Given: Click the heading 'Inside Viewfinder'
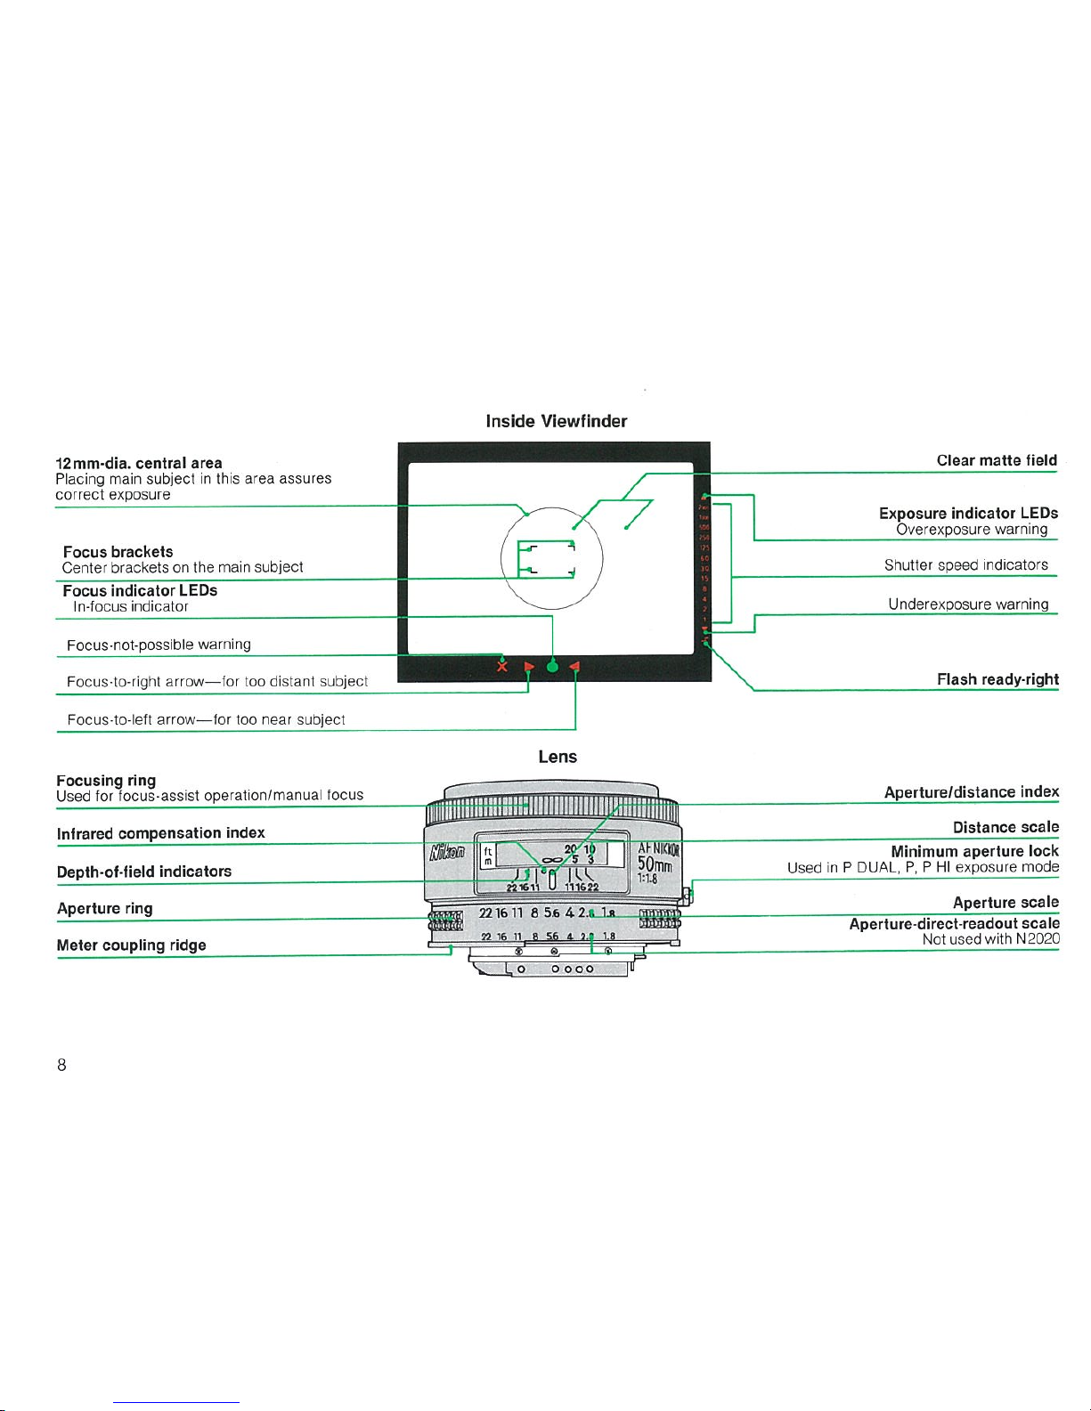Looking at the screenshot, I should point(556,421).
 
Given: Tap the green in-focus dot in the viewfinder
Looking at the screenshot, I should point(552,666).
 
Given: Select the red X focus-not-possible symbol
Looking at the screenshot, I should point(502,666).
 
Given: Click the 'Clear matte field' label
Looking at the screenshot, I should point(996,460).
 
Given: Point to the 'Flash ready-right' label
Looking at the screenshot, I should point(997,679).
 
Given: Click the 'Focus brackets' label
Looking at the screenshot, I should point(118,552).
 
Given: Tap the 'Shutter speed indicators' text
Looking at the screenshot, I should point(965,565).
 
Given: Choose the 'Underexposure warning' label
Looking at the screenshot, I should point(967,604).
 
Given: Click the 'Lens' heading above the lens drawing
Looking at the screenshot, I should point(558,757).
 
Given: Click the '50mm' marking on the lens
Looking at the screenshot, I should point(658,864).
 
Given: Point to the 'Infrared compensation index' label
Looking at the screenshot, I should point(160,833).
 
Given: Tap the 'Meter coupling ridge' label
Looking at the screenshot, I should point(131,945).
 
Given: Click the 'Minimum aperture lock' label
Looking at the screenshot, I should point(974,851).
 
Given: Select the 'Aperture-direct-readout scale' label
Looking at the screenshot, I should point(954,924).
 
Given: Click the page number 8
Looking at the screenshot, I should point(61,1065).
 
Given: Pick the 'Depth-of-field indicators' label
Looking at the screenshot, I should point(143,872).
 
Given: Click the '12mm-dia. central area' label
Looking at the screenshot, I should point(138,463).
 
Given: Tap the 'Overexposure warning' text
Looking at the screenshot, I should point(971,530).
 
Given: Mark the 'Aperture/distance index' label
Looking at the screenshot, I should point(971,792).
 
